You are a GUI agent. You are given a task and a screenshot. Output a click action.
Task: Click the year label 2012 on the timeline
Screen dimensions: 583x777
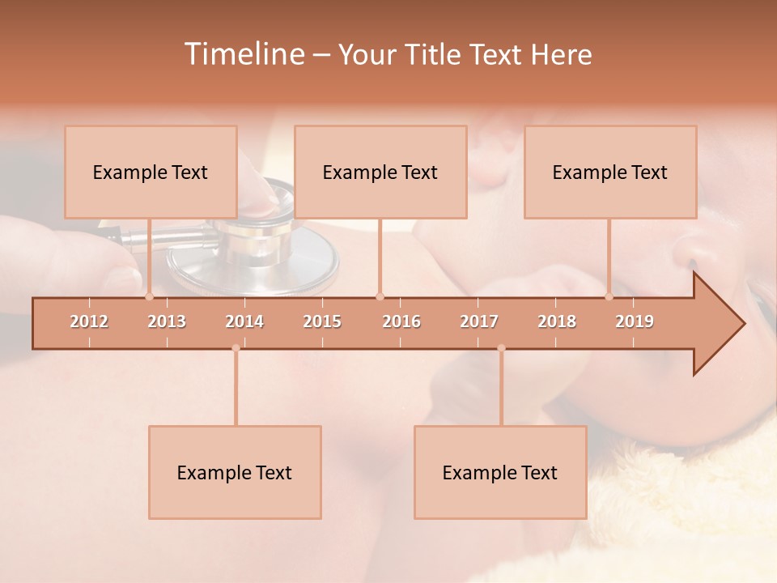click(x=89, y=321)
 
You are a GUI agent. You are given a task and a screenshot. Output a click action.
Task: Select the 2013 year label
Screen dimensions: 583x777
click(x=167, y=321)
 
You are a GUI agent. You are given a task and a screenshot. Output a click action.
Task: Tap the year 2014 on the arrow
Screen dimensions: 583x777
click(x=244, y=321)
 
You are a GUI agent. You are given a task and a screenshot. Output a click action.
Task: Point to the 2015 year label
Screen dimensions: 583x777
click(x=322, y=321)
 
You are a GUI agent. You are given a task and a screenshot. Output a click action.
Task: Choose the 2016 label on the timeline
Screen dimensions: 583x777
click(x=401, y=321)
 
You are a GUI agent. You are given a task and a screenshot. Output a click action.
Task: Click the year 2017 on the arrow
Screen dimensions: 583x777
click(x=479, y=321)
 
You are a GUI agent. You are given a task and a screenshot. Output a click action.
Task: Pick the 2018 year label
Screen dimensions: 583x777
click(x=557, y=321)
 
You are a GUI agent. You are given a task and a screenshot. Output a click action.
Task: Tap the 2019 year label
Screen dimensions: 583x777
click(x=635, y=321)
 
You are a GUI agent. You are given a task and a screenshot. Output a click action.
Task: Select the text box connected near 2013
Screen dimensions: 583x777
click(x=151, y=172)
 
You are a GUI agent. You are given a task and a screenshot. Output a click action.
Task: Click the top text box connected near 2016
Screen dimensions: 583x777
click(x=380, y=172)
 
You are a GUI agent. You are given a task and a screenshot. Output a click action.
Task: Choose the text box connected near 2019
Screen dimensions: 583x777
click(x=610, y=172)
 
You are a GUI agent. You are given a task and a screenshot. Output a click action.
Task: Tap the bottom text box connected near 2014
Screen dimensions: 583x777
click(x=235, y=472)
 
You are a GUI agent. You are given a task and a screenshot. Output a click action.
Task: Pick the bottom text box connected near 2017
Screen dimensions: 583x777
click(x=500, y=472)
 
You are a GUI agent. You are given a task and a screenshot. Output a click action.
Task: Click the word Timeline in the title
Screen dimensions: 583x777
click(x=242, y=54)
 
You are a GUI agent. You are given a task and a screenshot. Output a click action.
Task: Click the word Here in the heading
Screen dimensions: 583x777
click(x=561, y=55)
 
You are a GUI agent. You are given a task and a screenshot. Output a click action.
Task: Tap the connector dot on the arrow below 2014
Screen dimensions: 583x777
click(x=236, y=348)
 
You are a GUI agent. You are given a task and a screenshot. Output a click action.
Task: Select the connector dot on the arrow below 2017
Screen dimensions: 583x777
click(x=501, y=348)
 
